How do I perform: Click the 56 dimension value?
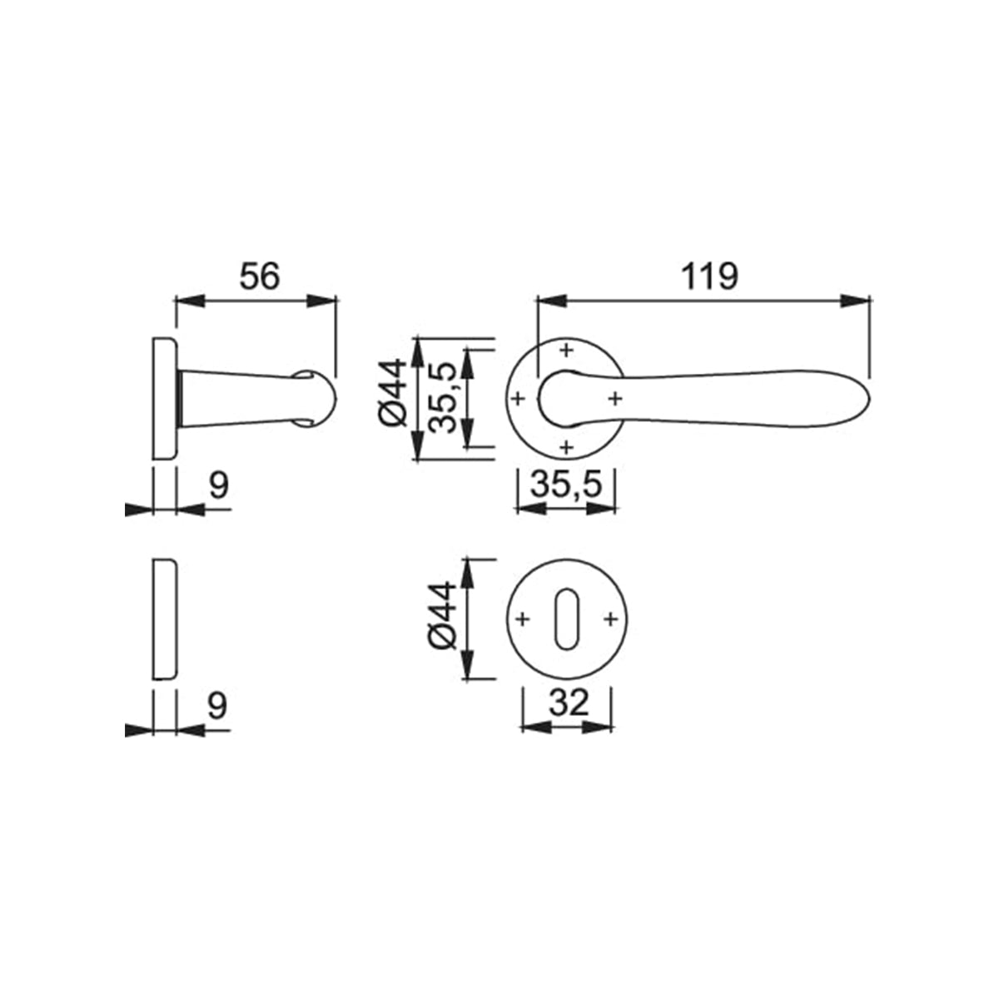pos(259,276)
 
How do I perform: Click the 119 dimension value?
pos(709,276)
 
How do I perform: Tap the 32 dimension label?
pos(569,703)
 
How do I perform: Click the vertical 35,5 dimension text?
pos(443,397)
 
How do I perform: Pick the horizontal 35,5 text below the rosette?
pos(566,485)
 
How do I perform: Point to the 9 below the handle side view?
pos(218,485)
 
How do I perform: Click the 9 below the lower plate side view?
pos(217,706)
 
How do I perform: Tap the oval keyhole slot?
pos(567,619)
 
